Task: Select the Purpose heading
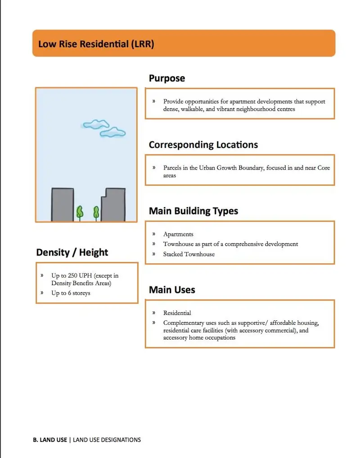[167, 78]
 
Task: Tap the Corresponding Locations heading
[203, 145]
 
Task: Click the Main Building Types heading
[193, 211]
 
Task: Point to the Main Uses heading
[172, 290]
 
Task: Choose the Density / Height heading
[72, 253]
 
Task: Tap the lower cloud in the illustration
[112, 132]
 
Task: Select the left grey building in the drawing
[63, 205]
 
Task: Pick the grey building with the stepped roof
[113, 205]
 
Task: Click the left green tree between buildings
[80, 212]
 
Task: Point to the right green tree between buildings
[96, 212]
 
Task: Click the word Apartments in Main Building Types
[178, 234]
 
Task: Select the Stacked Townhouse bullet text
[189, 254]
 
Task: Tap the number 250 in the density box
[73, 275]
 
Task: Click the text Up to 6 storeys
[71, 293]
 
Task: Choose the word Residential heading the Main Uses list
[177, 313]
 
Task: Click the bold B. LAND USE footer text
[50, 440]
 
